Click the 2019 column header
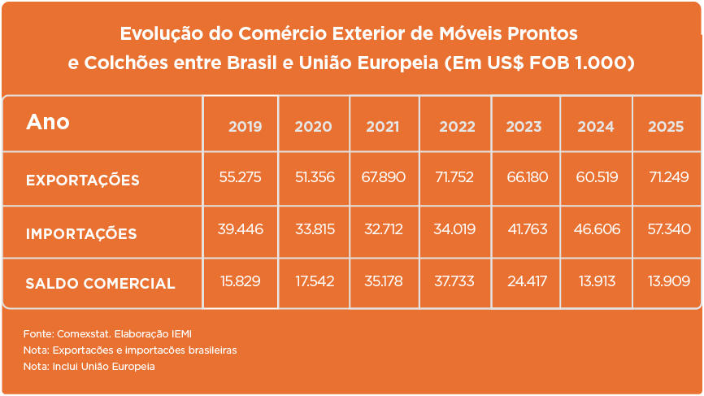tap(245, 127)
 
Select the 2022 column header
tap(457, 127)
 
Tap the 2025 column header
tap(666, 127)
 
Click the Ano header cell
tap(48, 122)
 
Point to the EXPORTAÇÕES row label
tap(82, 180)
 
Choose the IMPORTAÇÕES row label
tap(81, 233)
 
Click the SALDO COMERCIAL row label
tap(100, 284)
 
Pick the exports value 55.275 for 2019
tap(240, 177)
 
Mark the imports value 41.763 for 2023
tap(527, 229)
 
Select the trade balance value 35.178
tap(385, 281)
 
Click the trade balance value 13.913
tap(597, 281)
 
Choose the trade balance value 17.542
tap(315, 281)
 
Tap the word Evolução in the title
tap(155, 34)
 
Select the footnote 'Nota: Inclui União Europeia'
tap(89, 367)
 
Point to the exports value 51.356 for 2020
tap(315, 177)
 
